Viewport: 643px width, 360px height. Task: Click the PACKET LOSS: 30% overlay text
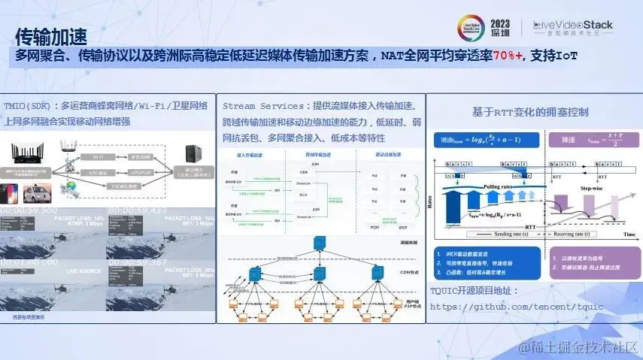coord(187,269)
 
